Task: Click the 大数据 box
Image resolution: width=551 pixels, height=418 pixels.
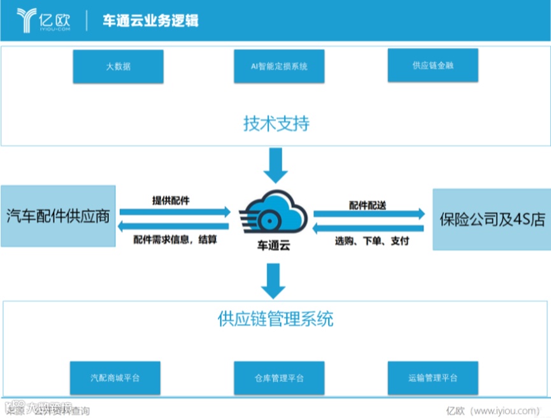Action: coord(118,66)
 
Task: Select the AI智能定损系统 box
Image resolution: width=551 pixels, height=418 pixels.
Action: coord(279,66)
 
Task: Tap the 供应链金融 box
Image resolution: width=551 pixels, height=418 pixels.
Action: coord(433,66)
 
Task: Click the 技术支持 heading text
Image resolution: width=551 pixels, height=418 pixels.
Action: coord(276,123)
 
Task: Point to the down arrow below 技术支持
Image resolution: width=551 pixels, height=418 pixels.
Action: coord(276,164)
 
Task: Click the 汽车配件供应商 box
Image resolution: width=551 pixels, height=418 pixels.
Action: coord(58,216)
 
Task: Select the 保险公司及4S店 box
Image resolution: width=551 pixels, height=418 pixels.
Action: coord(492,220)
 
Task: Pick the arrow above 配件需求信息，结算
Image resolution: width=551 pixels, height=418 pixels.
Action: coord(175,227)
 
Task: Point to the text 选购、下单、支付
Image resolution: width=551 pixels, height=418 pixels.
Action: coord(372,242)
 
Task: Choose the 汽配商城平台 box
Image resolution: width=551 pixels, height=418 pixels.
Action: coord(115,378)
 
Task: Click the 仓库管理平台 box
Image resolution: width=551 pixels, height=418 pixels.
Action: coord(279,378)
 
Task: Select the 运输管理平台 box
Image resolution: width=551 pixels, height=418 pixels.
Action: coord(433,378)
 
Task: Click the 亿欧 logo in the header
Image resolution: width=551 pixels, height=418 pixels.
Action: coord(44,19)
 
